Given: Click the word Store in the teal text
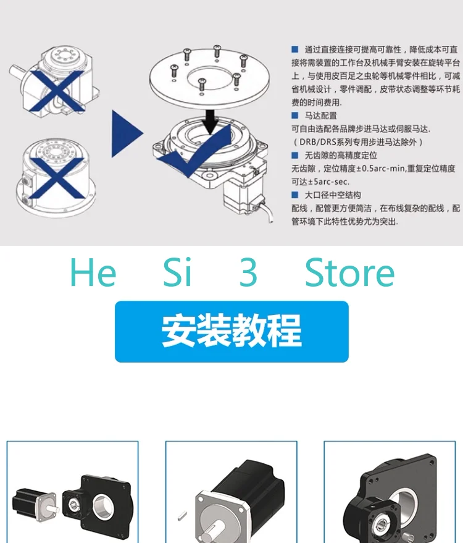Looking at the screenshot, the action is [349, 273].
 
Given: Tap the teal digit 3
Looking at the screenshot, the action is [248, 273].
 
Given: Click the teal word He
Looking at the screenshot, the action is [93, 272].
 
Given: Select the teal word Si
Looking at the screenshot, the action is [177, 272].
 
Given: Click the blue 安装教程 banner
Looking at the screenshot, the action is [231, 331].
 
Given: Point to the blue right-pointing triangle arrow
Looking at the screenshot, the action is [127, 133].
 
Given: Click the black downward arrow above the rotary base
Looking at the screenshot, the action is [211, 122].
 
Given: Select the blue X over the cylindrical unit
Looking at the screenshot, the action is [57, 178].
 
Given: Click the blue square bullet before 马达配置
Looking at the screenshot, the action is [295, 116].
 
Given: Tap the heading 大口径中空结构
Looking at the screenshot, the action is [333, 195].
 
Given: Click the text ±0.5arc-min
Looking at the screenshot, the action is [360, 169].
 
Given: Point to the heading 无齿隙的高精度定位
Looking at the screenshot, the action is [341, 155].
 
